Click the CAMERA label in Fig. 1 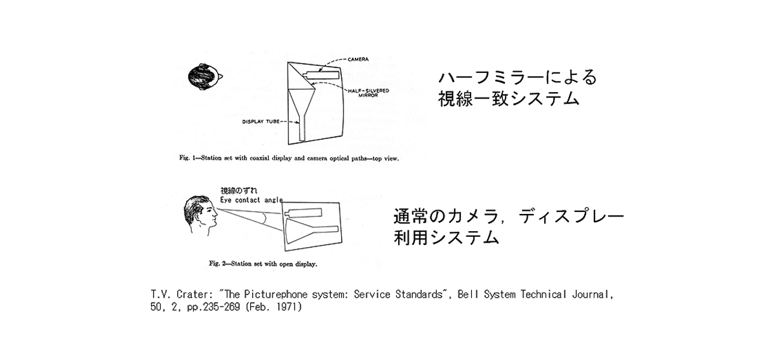click(x=358, y=59)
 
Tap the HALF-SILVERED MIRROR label click(x=368, y=93)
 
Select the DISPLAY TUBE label click(x=260, y=121)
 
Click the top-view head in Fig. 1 click(x=204, y=77)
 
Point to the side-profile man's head click(x=201, y=215)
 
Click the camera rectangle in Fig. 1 click(x=321, y=75)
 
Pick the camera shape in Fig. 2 click(x=303, y=213)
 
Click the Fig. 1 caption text click(x=289, y=158)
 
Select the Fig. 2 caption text click(x=263, y=263)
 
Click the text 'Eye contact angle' click(x=251, y=200)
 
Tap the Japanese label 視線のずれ click(x=239, y=190)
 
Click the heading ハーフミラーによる click(x=518, y=77)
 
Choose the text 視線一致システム click(x=509, y=99)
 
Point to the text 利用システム click(x=446, y=237)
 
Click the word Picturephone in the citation click(x=276, y=295)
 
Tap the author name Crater click(x=192, y=295)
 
